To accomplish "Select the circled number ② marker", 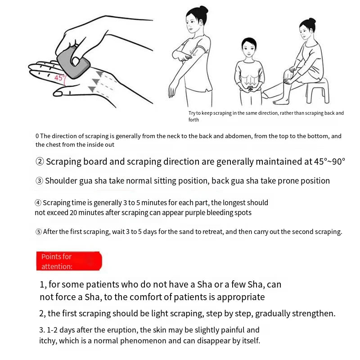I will (40, 162).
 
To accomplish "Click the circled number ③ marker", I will (40, 181).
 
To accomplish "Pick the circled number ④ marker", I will (38, 203).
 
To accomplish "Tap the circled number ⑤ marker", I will (39, 232).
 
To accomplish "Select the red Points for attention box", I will (69, 261).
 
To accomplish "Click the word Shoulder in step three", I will (63, 181).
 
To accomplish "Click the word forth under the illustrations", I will (193, 120).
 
